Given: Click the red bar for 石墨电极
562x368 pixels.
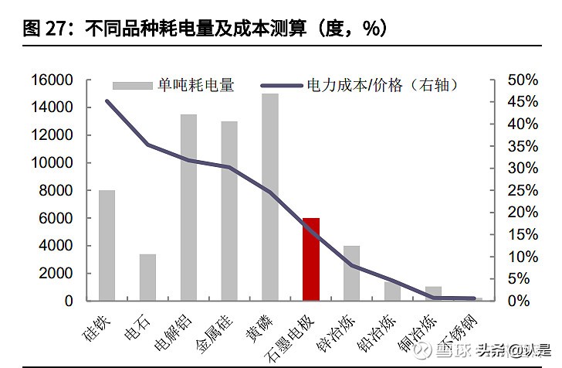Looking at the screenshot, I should click(310, 259).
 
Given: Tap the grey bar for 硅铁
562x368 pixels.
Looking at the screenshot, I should click(107, 245).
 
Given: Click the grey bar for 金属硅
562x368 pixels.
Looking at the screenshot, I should click(229, 210).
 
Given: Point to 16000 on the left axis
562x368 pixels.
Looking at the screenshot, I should click(52, 80).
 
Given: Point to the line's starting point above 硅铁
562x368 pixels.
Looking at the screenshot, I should click(107, 101).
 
